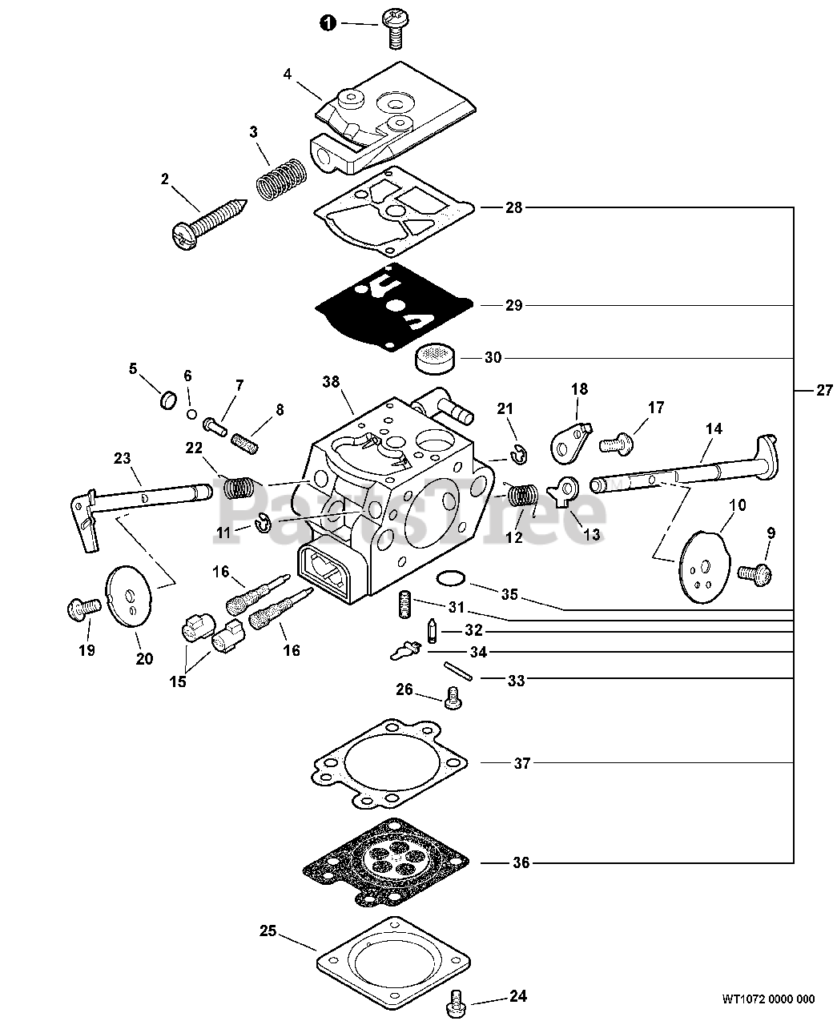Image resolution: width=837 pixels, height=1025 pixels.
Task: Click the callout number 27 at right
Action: click(x=823, y=391)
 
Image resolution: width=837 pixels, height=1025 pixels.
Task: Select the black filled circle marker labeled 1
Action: click(x=328, y=23)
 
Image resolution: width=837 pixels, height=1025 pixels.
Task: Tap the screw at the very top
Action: click(x=395, y=24)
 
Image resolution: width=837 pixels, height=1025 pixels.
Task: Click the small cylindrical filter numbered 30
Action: click(x=437, y=357)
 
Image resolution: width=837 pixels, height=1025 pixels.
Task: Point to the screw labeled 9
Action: click(x=753, y=572)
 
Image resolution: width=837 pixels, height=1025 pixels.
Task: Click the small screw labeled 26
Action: click(x=453, y=698)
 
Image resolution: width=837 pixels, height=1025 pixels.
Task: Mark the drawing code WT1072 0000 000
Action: click(x=767, y=999)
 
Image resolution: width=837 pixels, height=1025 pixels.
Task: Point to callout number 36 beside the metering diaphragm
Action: click(x=521, y=863)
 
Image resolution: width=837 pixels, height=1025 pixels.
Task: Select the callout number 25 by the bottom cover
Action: click(x=268, y=931)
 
